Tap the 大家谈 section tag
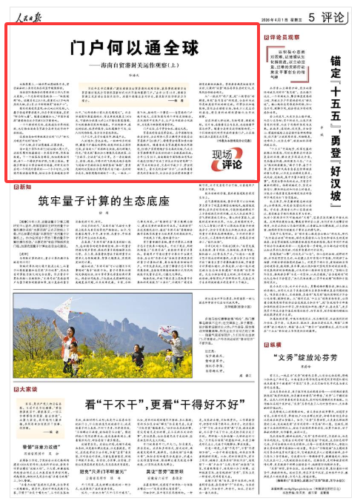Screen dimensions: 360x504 pyautogui.click(x=23, y=388)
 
